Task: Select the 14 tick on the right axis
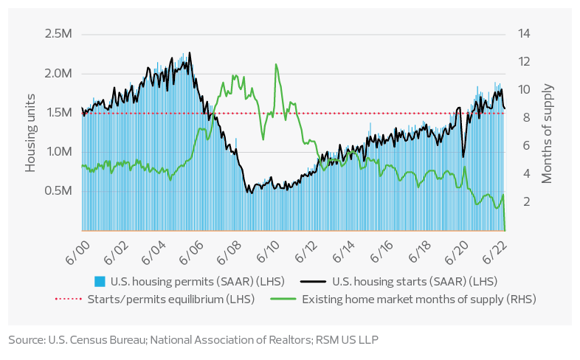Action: point(525,34)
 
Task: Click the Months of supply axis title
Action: point(548,132)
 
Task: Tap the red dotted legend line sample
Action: point(69,300)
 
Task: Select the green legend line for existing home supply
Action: point(305,300)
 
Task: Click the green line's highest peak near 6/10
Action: point(276,64)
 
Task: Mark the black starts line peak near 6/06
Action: point(190,52)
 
